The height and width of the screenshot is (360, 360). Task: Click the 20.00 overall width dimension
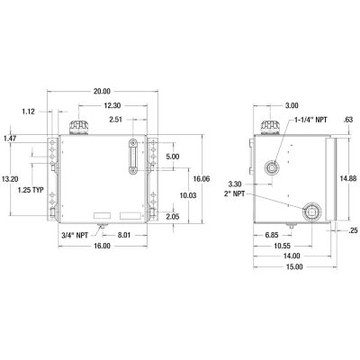point(102,91)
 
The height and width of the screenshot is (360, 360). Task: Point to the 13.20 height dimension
point(12,179)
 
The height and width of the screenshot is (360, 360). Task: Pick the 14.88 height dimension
point(349,178)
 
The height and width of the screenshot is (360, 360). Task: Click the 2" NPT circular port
point(311,211)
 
